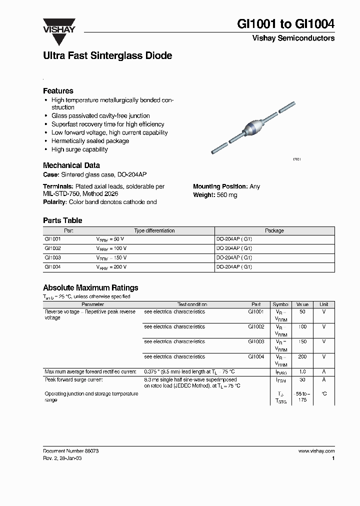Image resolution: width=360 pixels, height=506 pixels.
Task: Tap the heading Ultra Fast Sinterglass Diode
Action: pos(107,56)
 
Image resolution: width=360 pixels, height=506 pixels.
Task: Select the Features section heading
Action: pos(58,91)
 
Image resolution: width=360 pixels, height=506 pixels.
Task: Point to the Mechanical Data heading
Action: pos(71,165)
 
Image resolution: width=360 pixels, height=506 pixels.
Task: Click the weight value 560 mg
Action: pos(227,195)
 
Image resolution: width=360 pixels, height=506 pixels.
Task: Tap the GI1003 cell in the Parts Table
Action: pos(52,257)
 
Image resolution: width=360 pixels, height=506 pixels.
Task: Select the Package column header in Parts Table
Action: pos(274,230)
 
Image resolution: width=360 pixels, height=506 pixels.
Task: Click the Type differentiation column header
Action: pos(154,230)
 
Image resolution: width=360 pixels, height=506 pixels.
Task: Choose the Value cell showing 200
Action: pos(302,357)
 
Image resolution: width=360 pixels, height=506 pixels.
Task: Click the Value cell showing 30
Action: pos(302,379)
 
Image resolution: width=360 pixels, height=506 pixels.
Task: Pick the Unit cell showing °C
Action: pos(324,394)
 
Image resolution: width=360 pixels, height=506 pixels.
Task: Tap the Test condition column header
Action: pos(192,304)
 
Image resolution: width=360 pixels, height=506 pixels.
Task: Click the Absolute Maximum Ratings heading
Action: pos(90,288)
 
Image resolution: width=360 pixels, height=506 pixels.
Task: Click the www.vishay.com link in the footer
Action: pos(316,451)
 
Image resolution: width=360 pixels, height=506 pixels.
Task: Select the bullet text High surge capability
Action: pos(79,149)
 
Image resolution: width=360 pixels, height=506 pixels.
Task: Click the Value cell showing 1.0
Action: pos(302,372)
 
